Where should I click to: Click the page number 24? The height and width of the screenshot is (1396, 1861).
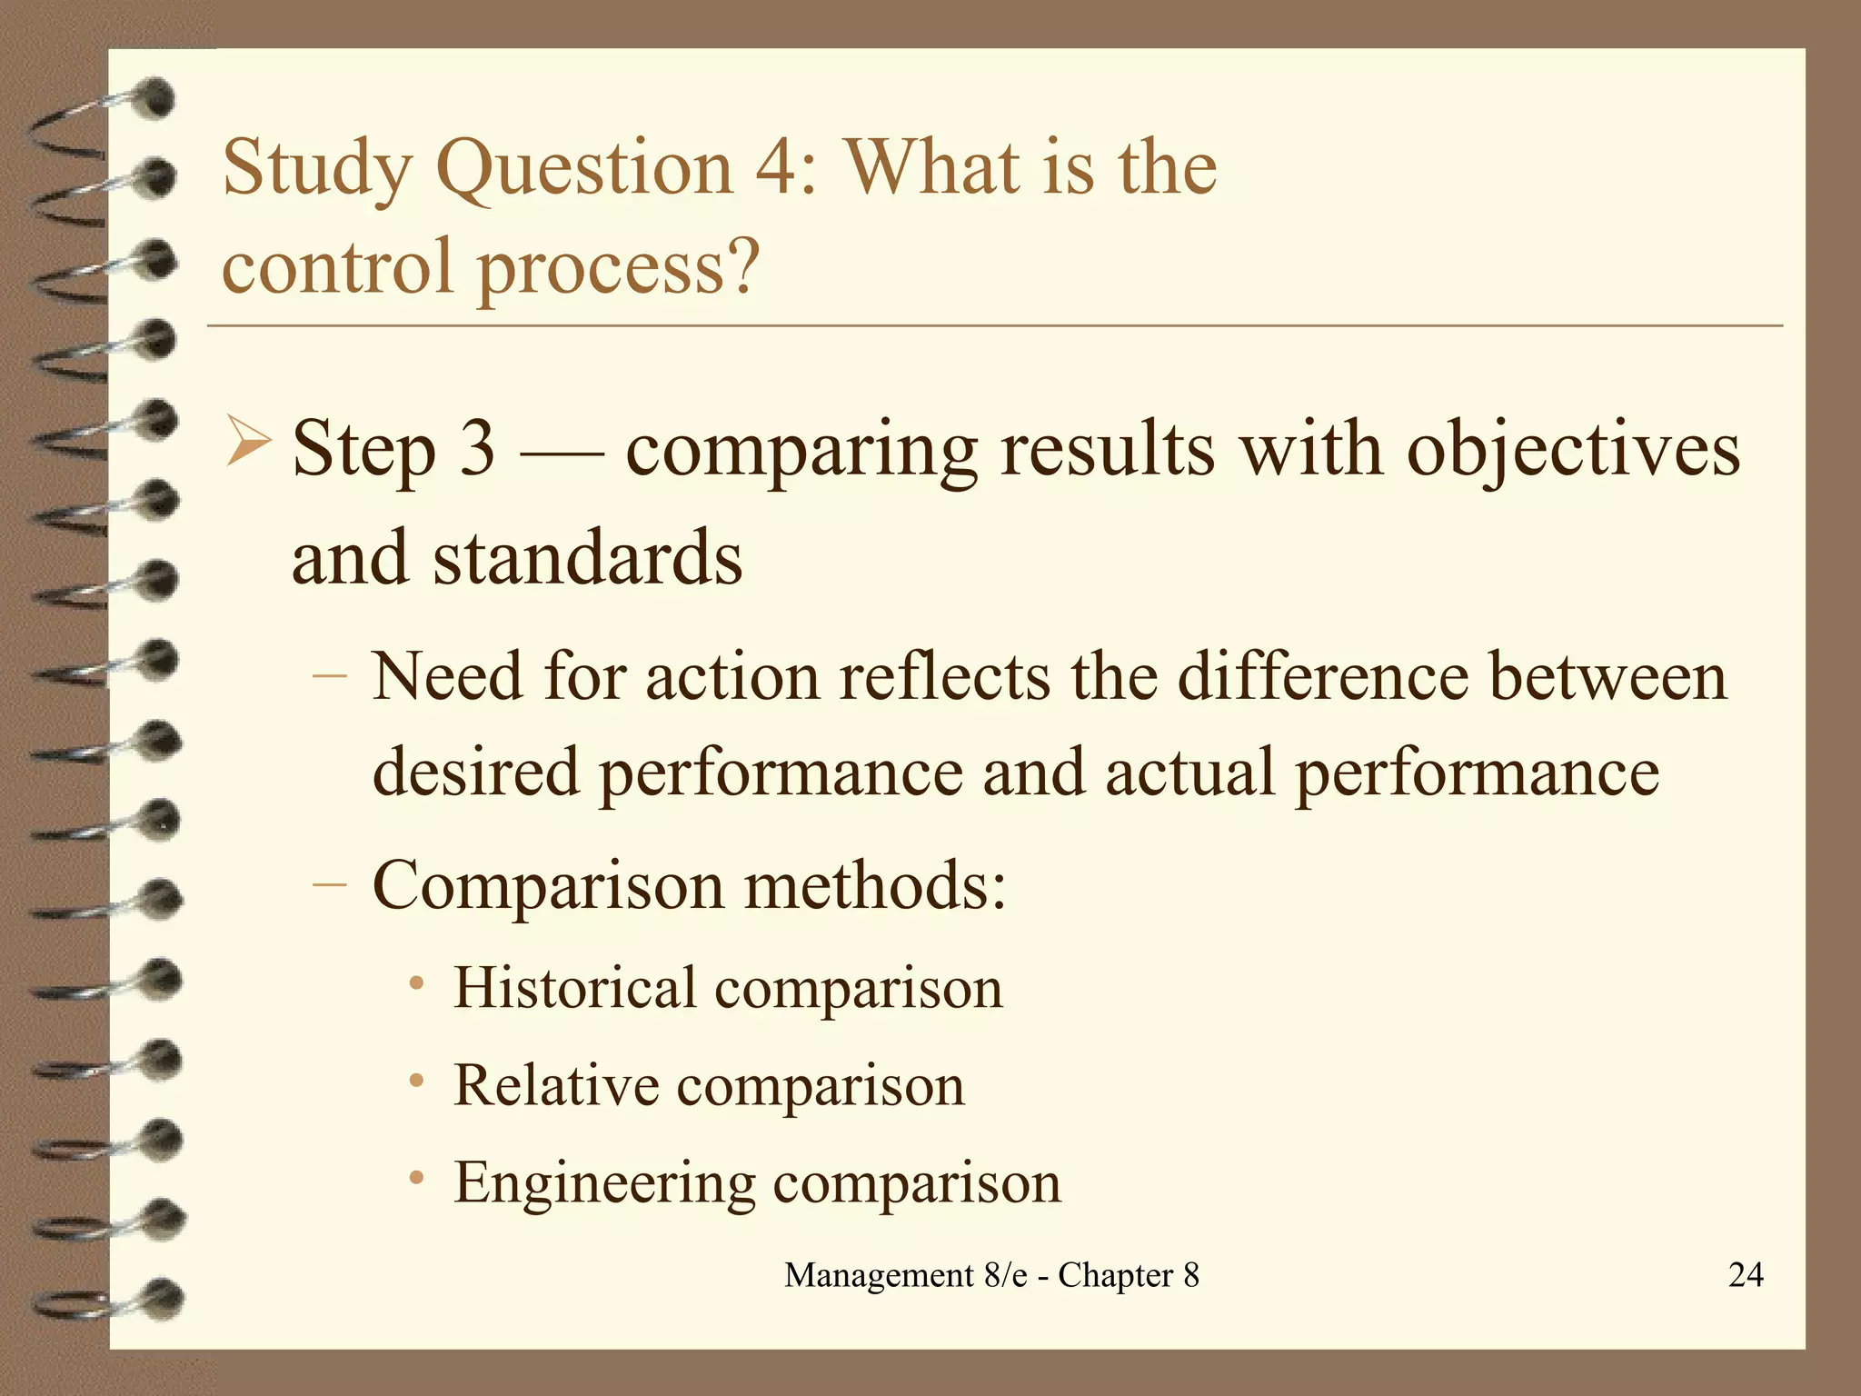[1745, 1275]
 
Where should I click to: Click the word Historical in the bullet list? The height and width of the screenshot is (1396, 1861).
[574, 988]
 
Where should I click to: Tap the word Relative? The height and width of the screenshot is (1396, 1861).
[555, 1085]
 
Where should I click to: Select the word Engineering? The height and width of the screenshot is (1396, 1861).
[604, 1183]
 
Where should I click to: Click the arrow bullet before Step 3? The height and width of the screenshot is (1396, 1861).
[247, 441]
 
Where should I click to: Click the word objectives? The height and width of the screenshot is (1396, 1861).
[1573, 451]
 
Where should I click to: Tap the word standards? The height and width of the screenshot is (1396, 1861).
[587, 558]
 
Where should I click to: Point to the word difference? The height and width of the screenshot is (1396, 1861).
[1322, 677]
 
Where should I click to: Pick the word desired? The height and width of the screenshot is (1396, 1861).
[475, 773]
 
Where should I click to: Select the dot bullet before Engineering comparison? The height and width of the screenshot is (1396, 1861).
[416, 1179]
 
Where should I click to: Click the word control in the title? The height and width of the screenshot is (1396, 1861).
[337, 266]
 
